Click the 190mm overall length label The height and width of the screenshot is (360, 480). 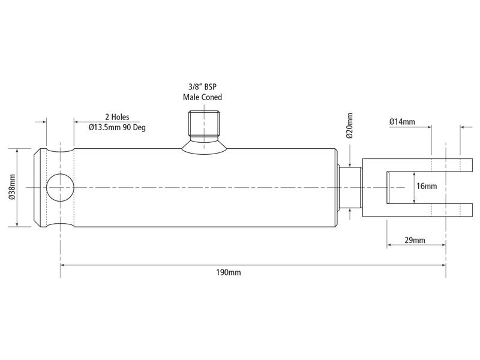228,272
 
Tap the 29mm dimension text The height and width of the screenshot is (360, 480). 415,240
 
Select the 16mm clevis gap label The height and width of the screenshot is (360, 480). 427,186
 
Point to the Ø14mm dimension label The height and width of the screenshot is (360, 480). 402,122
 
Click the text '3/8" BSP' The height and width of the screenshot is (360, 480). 203,86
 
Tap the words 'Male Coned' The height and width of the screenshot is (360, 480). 203,97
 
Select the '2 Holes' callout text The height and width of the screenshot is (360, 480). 117,117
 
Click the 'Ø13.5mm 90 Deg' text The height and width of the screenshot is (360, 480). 117,127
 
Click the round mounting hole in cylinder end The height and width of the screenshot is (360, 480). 60,187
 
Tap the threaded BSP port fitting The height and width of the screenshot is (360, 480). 204,124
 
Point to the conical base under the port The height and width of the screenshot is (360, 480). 204,144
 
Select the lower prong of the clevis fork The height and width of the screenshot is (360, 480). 414,210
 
